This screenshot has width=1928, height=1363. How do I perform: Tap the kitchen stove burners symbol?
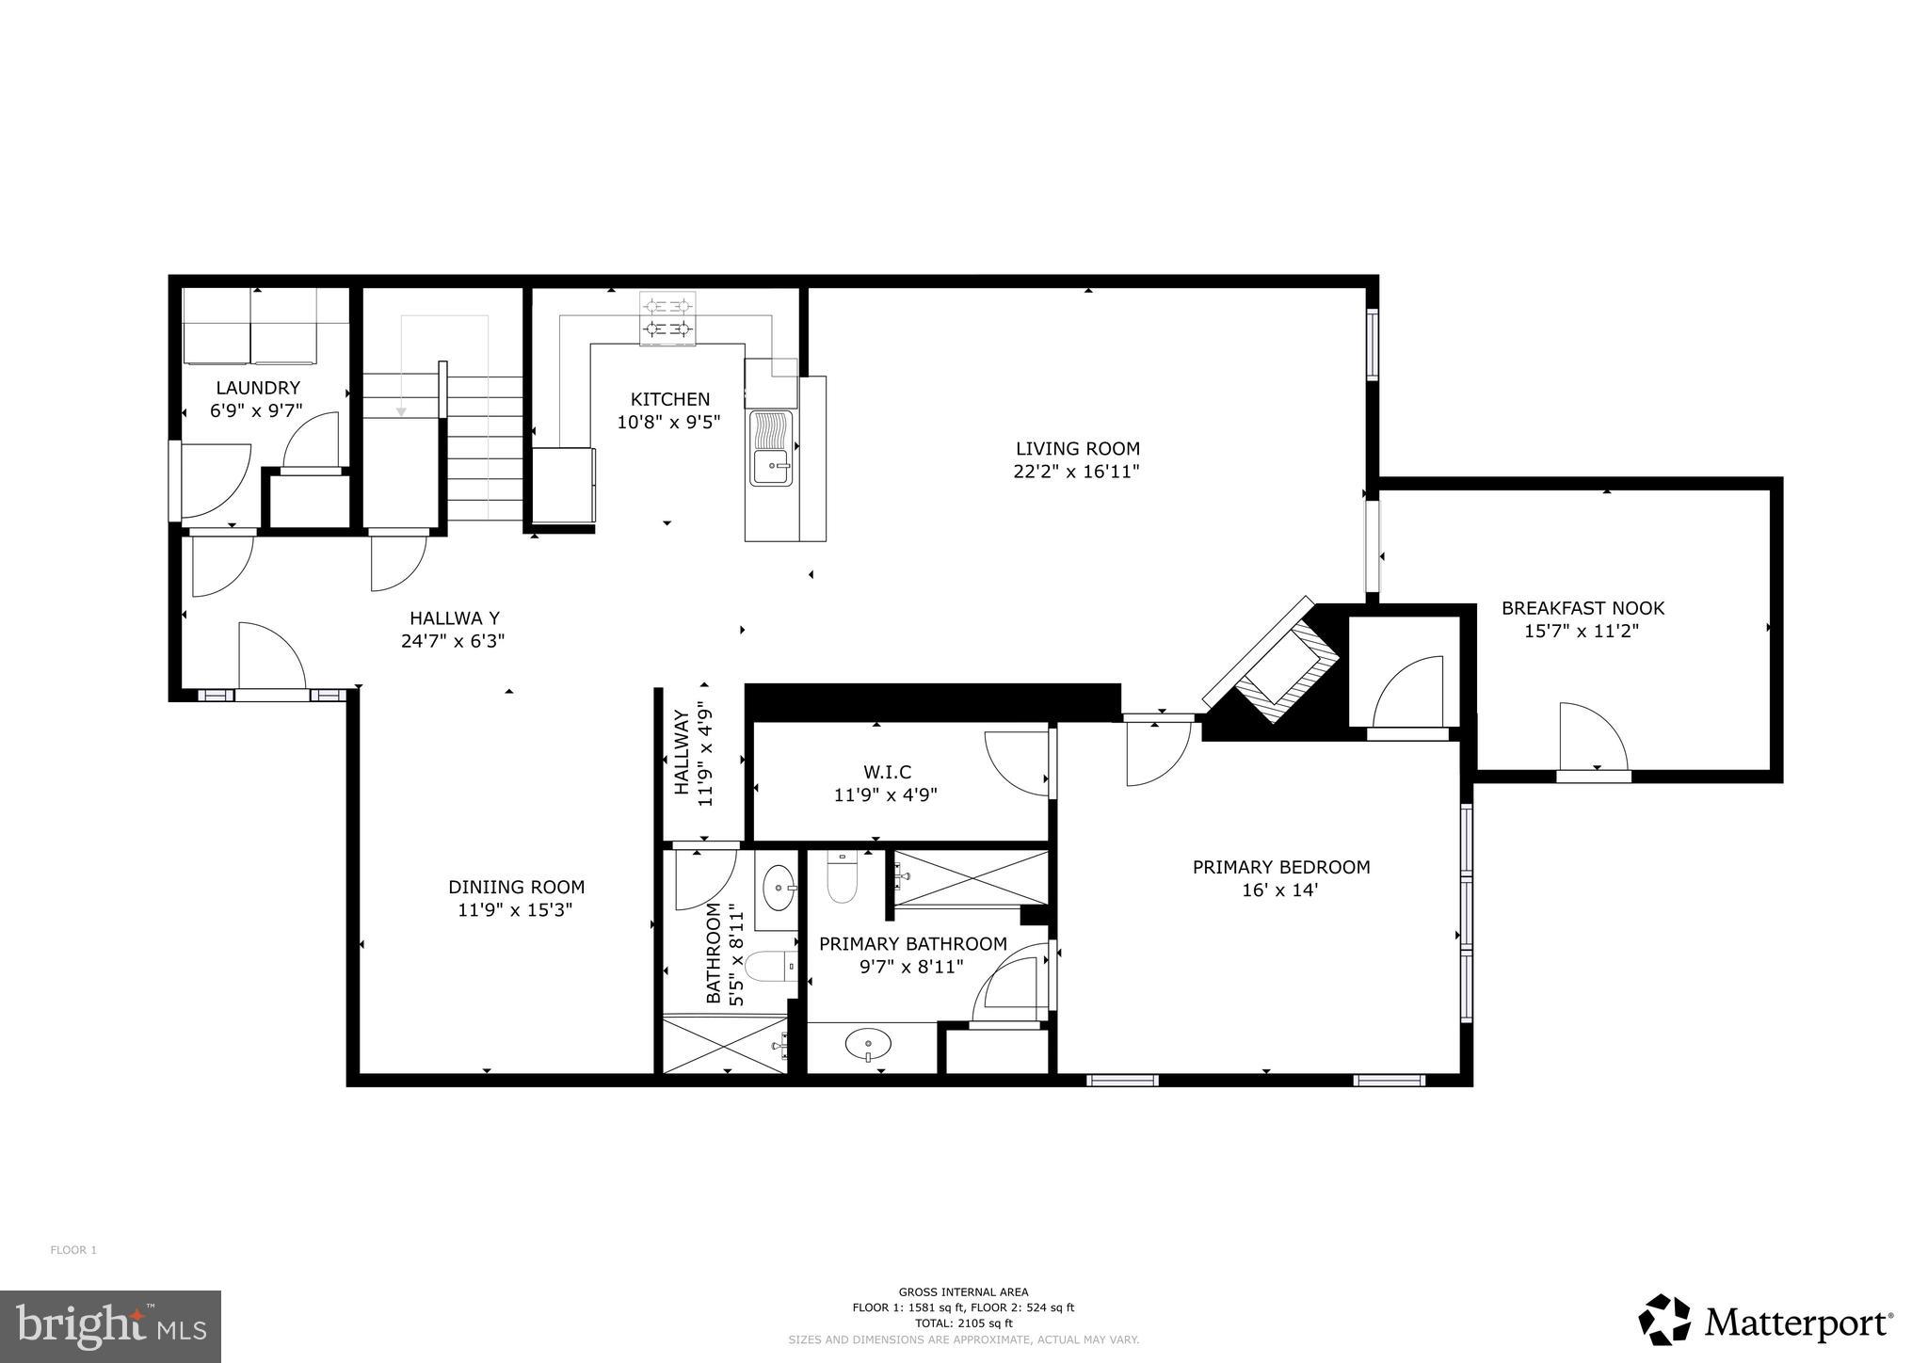(x=668, y=317)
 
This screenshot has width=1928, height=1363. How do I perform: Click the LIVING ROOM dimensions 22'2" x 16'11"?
(x=1077, y=472)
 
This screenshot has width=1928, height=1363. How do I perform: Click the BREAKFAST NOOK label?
(x=1583, y=608)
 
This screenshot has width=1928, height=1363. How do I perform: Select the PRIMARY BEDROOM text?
(x=1280, y=867)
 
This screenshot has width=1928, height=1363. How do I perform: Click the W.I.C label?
(x=886, y=772)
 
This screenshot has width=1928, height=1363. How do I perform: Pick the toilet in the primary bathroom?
(x=841, y=878)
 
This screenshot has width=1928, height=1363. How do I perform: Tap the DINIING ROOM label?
(x=516, y=887)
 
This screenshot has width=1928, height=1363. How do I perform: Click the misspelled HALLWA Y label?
(x=454, y=618)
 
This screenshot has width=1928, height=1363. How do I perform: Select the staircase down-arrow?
(x=401, y=409)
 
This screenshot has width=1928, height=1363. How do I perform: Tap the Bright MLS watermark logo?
(x=110, y=1326)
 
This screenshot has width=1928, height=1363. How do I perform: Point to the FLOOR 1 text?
(x=73, y=1250)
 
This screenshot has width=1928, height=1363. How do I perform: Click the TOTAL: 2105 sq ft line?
(x=963, y=1323)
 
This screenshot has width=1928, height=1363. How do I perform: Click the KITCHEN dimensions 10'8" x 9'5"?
(x=668, y=423)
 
